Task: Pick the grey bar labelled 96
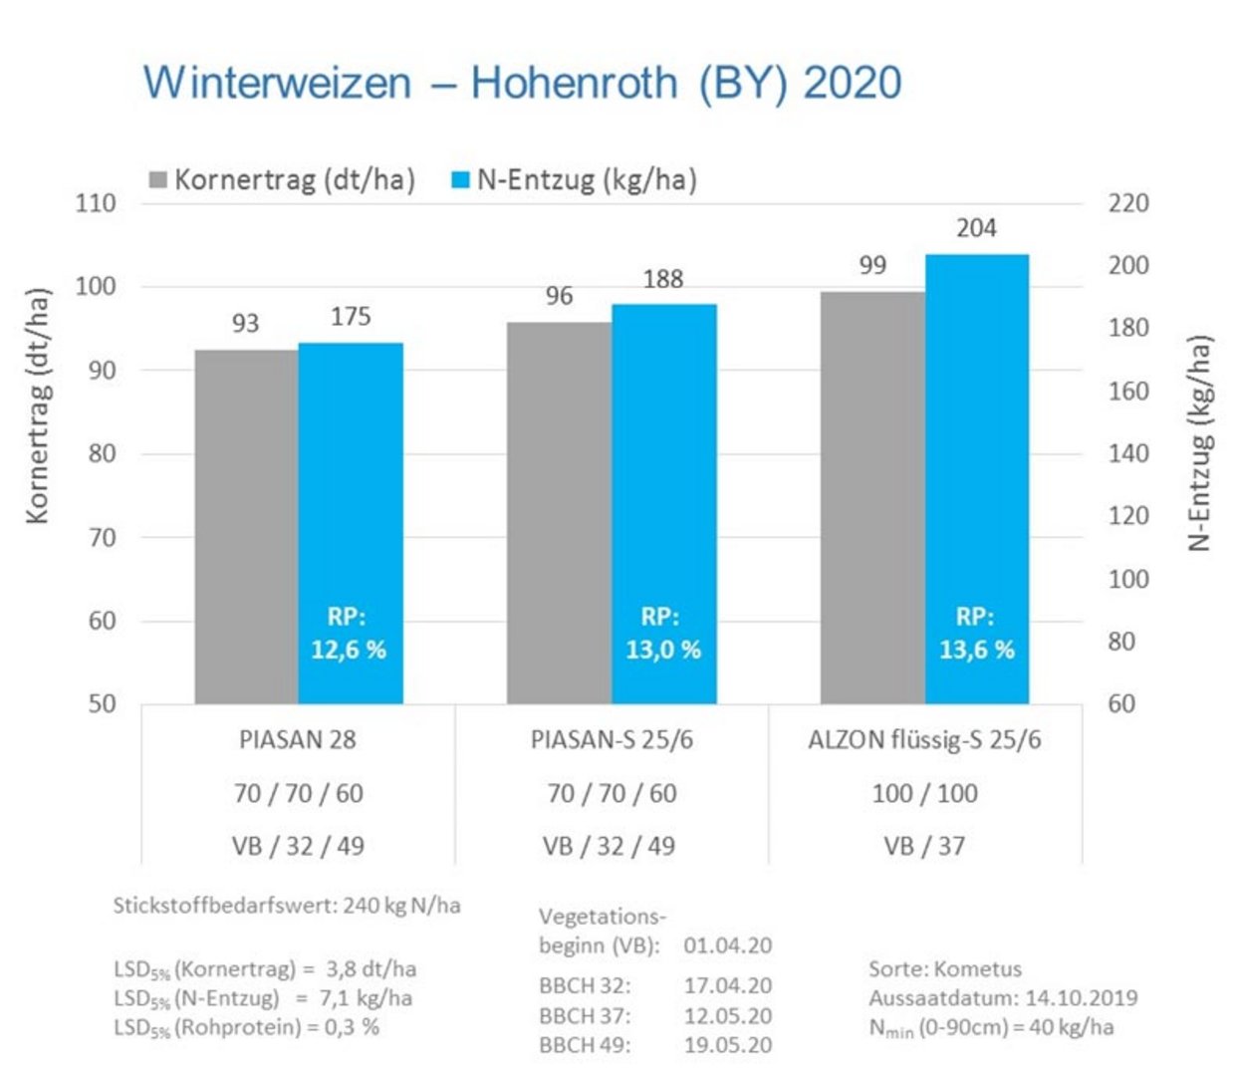point(559,513)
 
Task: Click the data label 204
point(976,228)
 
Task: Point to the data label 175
point(351,317)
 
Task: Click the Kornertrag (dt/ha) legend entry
point(283,180)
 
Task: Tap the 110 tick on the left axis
point(96,203)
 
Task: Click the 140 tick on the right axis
point(1128,453)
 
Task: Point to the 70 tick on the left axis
point(102,537)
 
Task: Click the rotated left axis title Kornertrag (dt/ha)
point(37,405)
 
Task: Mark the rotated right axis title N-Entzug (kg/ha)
point(1200,442)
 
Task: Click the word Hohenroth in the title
point(575,82)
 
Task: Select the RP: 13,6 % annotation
point(976,634)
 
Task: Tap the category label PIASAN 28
point(297,740)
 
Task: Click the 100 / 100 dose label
point(924,793)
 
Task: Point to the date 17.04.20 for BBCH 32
point(727,985)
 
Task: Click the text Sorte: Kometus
point(944,968)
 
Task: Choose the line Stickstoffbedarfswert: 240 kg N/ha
point(287,906)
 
